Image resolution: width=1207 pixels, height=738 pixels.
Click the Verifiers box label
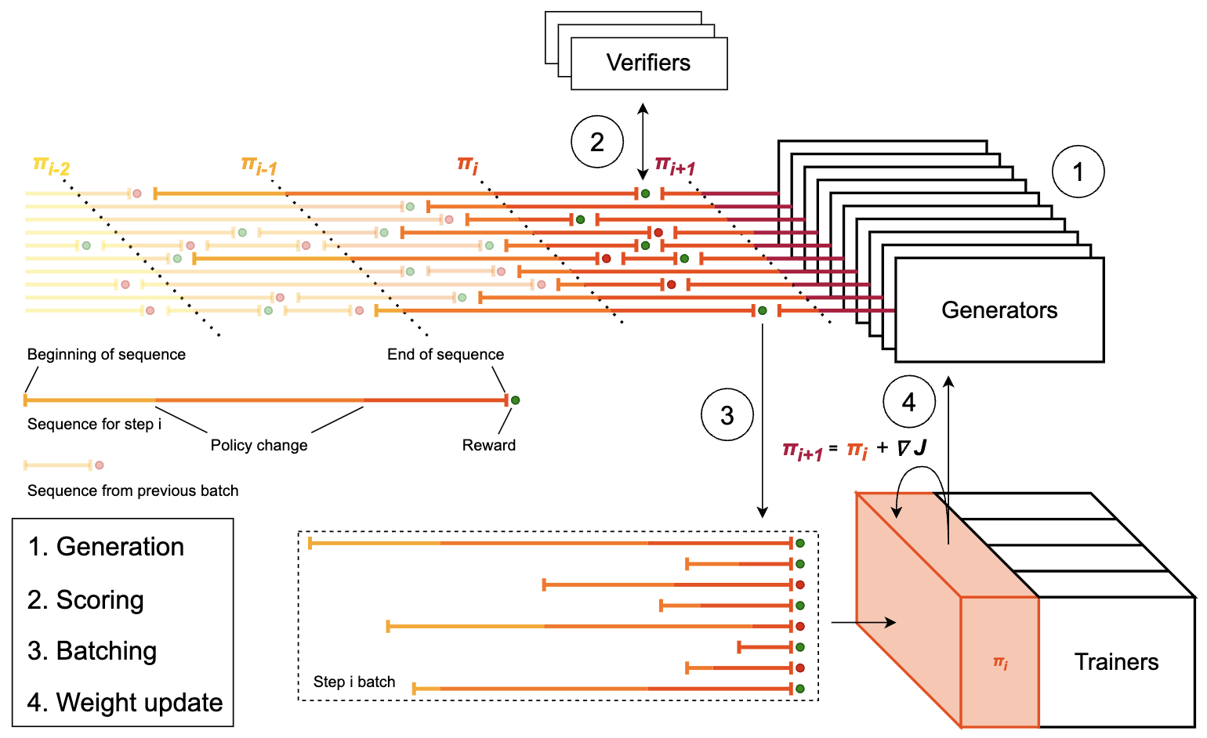[648, 63]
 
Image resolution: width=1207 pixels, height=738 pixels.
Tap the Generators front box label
[999, 309]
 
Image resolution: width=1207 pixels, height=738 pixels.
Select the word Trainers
[1116, 661]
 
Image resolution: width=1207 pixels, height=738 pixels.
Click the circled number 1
[1078, 172]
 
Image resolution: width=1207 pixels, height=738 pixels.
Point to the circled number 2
[597, 142]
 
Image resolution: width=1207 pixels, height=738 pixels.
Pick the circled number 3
[727, 415]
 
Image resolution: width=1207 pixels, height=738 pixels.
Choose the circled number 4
[909, 402]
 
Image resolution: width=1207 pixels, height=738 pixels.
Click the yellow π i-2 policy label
[51, 165]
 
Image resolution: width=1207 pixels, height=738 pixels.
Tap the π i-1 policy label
[259, 165]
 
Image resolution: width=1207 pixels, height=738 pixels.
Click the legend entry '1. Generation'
[106, 547]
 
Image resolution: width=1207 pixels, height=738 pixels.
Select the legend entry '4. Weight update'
[125, 703]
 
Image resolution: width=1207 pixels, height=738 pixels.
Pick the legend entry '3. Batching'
[92, 651]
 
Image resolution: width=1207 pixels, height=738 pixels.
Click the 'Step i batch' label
[354, 682]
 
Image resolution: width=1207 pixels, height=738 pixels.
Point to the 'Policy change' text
[259, 446]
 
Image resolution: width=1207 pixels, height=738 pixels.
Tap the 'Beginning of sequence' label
[106, 354]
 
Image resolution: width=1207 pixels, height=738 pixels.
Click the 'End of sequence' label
[446, 354]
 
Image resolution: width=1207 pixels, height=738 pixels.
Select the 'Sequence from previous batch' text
[132, 490]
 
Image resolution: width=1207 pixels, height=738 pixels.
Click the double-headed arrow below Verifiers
[643, 142]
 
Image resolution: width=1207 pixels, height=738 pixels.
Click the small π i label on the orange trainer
[1000, 663]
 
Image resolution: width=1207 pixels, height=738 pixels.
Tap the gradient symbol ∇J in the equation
[912, 447]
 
